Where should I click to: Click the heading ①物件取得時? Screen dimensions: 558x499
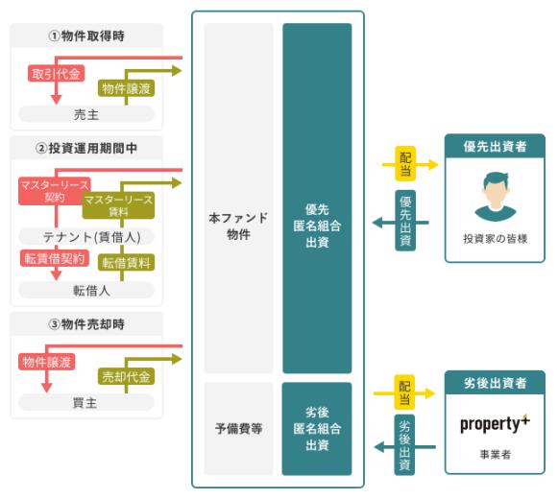tap(86, 36)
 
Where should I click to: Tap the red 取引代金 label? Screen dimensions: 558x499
tap(56, 74)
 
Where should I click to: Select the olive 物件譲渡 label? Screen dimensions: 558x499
tap(127, 88)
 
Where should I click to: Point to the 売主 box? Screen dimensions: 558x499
tap(86, 114)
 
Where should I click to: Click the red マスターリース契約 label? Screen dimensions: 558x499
tap(55, 191)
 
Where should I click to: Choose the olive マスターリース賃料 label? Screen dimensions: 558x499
tap(118, 205)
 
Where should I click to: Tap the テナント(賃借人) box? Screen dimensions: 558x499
tap(86, 236)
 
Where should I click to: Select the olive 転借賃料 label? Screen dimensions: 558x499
tap(127, 263)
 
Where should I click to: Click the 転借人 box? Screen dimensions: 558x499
tap(86, 290)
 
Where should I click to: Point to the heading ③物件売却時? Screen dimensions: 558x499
tap(86, 324)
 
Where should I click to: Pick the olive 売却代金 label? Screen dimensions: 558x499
tap(127, 376)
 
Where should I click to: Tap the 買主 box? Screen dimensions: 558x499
tap(86, 403)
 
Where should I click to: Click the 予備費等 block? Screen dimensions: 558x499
tap(238, 429)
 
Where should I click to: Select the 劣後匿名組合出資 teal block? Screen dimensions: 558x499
tap(317, 429)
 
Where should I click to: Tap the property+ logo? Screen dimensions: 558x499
tap(495, 423)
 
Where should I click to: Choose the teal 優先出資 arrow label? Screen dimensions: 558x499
tap(405, 221)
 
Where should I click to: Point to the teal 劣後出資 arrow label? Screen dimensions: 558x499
tap(404, 444)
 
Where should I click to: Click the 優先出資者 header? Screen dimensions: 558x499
tap(495, 146)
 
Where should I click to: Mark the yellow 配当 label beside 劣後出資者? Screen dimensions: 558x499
tap(404, 392)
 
